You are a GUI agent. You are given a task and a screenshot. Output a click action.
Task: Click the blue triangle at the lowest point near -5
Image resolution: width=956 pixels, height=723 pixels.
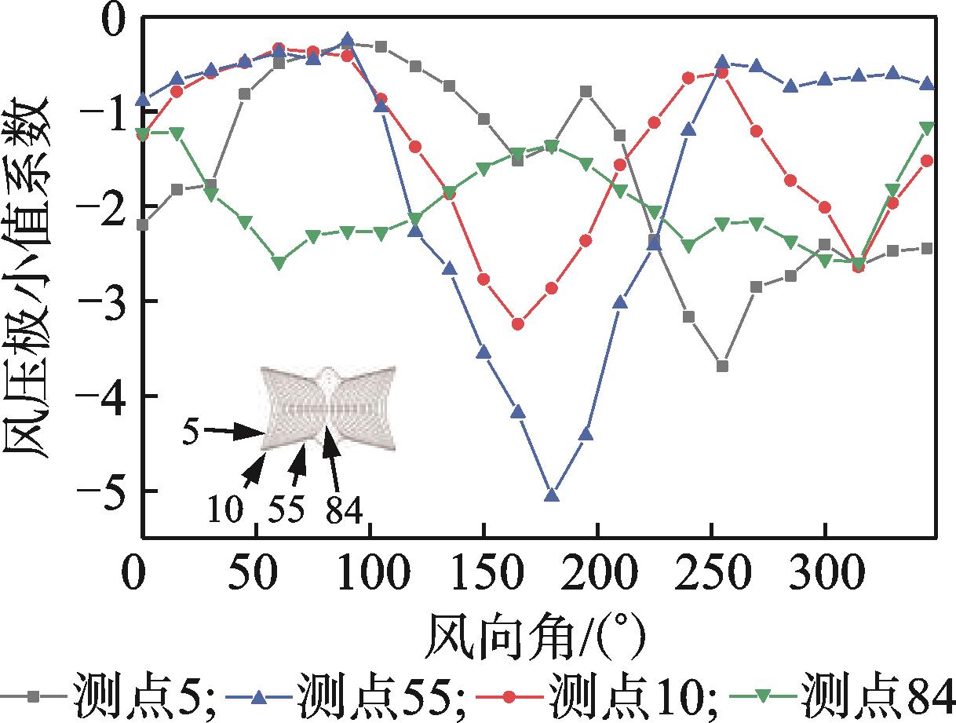click(x=552, y=495)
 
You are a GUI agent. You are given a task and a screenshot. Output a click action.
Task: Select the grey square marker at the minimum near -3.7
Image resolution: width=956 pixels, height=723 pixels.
click(x=723, y=366)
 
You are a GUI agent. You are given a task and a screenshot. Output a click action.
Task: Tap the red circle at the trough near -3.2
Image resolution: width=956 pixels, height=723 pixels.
click(x=518, y=323)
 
